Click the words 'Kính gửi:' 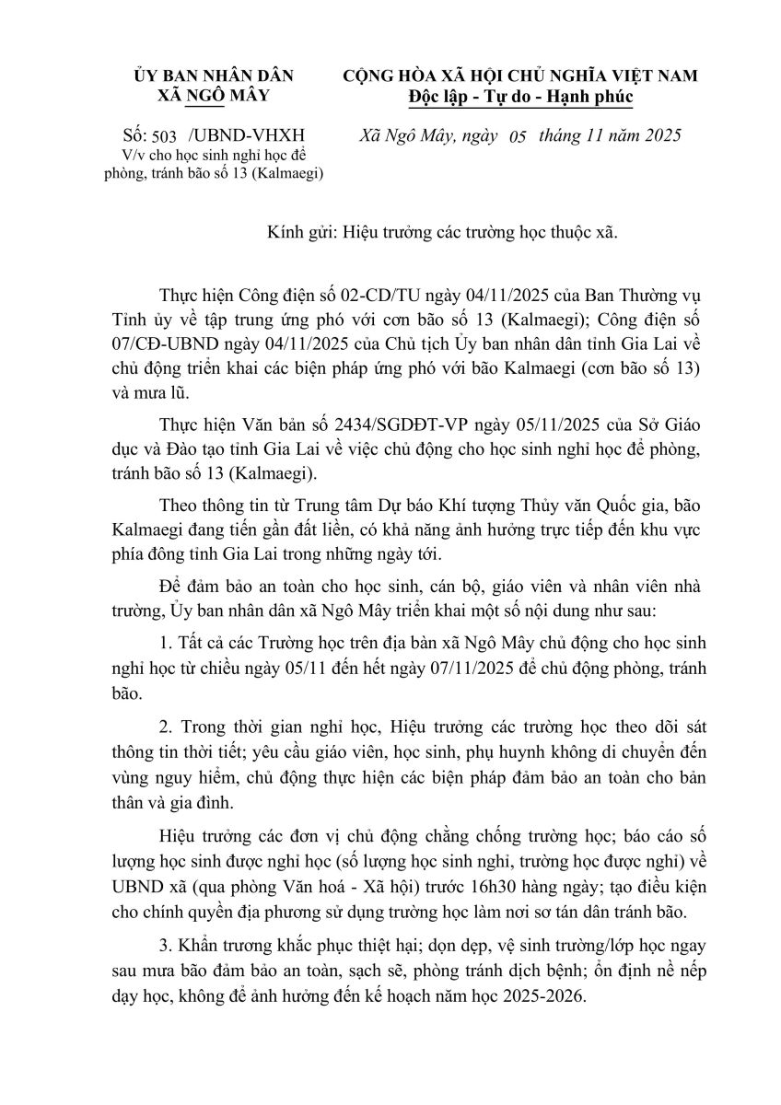coord(292,234)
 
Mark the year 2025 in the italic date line coord(659,136)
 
